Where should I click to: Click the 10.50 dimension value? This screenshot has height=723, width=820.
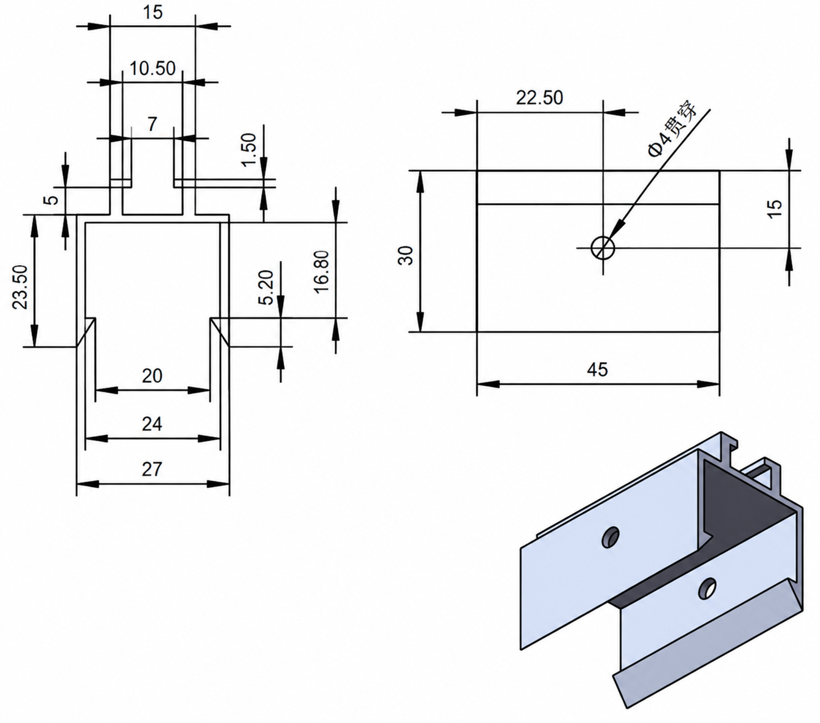(x=152, y=69)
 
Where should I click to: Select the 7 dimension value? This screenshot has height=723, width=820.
(x=152, y=124)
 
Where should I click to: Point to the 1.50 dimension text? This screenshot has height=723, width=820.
(x=249, y=149)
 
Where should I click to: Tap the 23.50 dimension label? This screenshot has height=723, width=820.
(x=20, y=287)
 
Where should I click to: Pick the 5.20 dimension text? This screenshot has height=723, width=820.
(x=266, y=287)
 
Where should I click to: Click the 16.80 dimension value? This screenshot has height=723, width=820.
(x=322, y=272)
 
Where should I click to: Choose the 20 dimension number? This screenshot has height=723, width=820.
(x=152, y=376)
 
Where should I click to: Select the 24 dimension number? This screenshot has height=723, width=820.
(x=152, y=424)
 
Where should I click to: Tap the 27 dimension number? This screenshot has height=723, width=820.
(x=152, y=470)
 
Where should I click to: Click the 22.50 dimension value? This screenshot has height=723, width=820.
(x=539, y=98)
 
